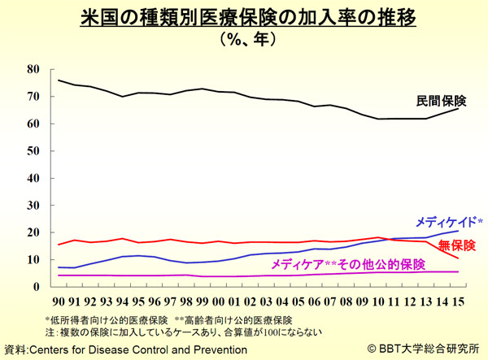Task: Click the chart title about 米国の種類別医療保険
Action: click(244, 18)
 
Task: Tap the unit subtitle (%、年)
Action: click(244, 39)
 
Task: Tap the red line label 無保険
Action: click(456, 244)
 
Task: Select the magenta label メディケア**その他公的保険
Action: click(347, 265)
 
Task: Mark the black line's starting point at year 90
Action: click(60, 80)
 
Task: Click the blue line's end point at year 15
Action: click(458, 231)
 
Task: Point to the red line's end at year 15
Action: click(458, 258)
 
